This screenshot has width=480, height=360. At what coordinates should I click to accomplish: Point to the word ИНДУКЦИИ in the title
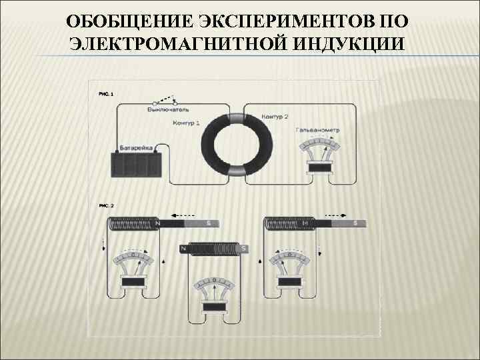[x=347, y=43]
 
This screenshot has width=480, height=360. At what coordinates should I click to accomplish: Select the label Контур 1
[x=186, y=123]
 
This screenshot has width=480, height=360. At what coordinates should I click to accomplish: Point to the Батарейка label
[x=136, y=147]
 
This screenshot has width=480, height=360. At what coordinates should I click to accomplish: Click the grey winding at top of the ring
[x=239, y=118]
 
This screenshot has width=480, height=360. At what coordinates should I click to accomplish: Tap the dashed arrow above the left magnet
[x=183, y=215]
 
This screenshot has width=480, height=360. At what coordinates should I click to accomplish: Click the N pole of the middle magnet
[x=183, y=249]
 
